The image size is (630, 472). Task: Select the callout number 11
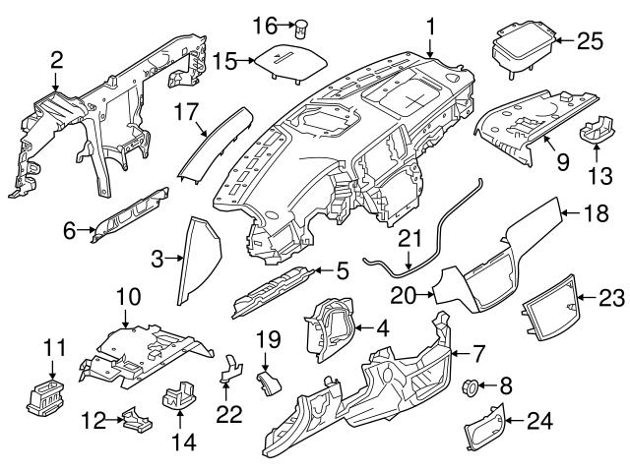click(52, 348)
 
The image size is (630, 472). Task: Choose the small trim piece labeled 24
click(481, 424)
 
